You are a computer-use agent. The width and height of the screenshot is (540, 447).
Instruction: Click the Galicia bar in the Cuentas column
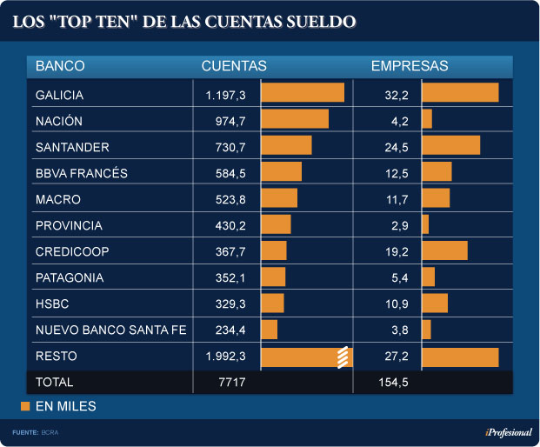pyautogui.click(x=303, y=93)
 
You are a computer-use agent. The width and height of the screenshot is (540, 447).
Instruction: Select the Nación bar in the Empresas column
pyautogui.click(x=427, y=119)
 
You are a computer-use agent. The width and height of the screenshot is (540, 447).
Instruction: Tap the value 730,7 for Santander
pyautogui.click(x=230, y=146)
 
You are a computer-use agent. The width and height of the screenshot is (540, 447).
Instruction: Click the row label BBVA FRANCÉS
pyautogui.click(x=82, y=173)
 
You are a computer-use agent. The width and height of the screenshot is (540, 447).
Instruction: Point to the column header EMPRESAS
pyautogui.click(x=410, y=66)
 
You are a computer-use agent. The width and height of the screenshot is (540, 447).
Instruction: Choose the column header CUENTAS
pyautogui.click(x=234, y=66)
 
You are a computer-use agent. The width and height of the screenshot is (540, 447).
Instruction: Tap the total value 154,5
pyautogui.click(x=393, y=383)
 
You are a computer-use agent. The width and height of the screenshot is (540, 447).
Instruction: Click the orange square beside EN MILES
pyautogui.click(x=25, y=406)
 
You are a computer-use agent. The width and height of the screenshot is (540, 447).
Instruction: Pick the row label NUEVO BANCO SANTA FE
pyautogui.click(x=111, y=330)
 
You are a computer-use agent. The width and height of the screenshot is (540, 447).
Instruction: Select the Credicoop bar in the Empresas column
pyautogui.click(x=444, y=250)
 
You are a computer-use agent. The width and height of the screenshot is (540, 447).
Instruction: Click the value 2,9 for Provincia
pyautogui.click(x=400, y=225)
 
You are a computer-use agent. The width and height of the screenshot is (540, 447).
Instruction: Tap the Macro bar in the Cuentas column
pyautogui.click(x=279, y=198)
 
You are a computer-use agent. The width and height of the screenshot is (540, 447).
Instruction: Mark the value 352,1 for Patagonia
pyautogui.click(x=230, y=278)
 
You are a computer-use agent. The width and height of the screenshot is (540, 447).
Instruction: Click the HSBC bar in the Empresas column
pyautogui.click(x=435, y=303)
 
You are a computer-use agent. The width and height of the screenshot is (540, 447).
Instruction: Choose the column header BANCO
pyautogui.click(x=60, y=66)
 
